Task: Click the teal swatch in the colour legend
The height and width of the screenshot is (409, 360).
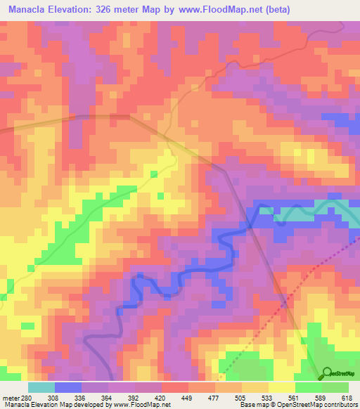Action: (41, 387)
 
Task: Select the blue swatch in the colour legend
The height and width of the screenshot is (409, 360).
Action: (68, 387)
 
